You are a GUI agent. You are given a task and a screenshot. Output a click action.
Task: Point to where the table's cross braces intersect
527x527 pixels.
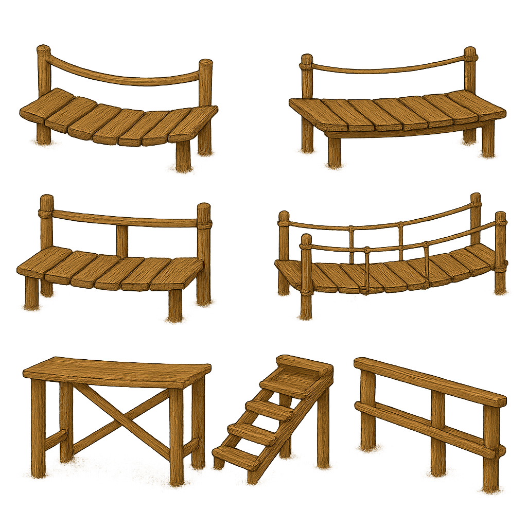point(121,417)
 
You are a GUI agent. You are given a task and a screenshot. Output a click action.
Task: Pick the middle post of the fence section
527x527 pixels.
point(438,432)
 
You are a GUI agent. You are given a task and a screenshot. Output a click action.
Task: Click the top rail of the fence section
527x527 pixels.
point(430,381)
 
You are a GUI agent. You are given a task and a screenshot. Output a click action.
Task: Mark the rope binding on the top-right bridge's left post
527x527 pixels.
point(306,65)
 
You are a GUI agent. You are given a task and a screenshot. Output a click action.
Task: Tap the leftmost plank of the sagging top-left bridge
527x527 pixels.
point(46,105)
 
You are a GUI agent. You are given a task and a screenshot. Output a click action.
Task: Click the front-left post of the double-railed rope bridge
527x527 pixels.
point(306,278)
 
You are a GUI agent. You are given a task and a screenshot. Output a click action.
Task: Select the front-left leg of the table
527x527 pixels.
point(38,427)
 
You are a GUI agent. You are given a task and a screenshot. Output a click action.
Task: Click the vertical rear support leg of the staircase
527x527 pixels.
point(323,432)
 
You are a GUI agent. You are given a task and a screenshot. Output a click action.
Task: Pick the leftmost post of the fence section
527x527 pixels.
point(367,412)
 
